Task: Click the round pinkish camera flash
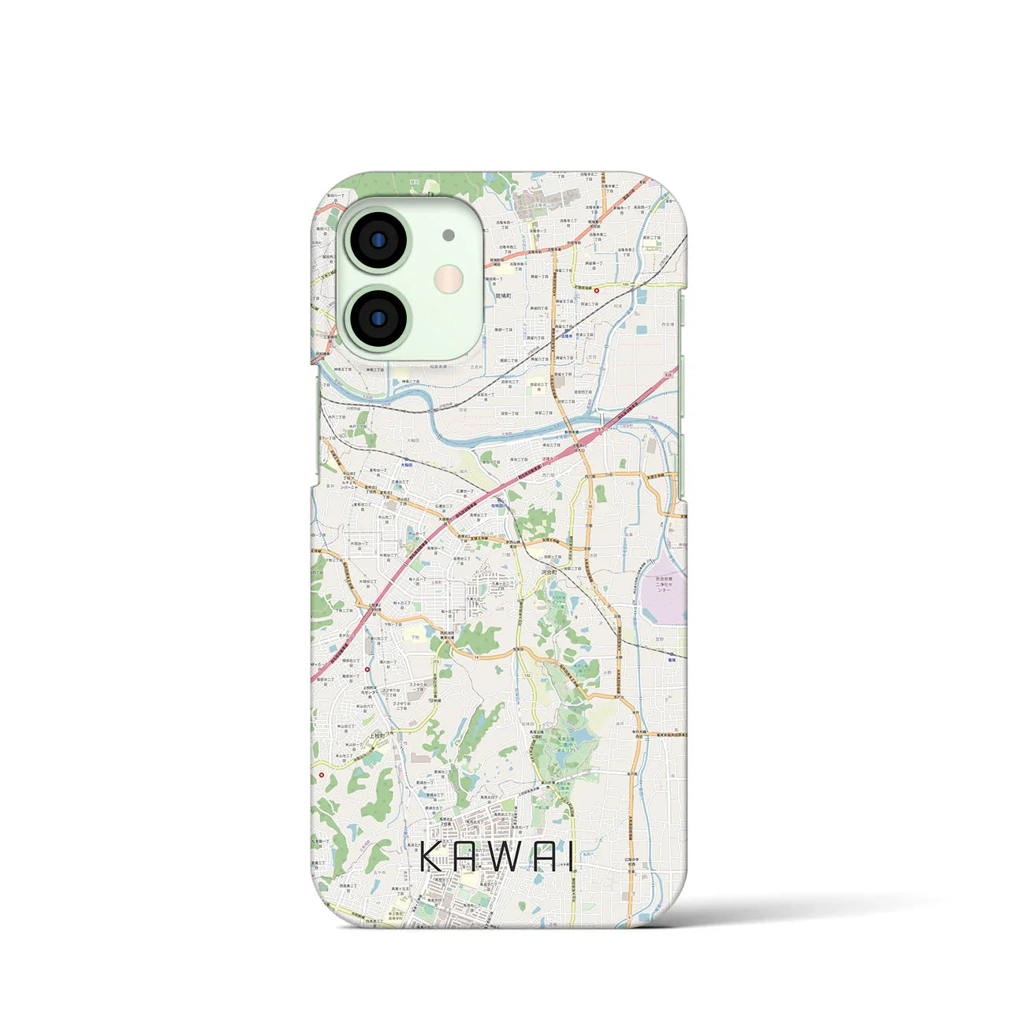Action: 449,277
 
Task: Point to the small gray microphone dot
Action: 449,235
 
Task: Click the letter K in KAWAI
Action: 430,856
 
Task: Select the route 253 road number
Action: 436,662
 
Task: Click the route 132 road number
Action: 525,676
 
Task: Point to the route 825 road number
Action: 668,375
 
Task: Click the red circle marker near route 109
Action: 596,290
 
